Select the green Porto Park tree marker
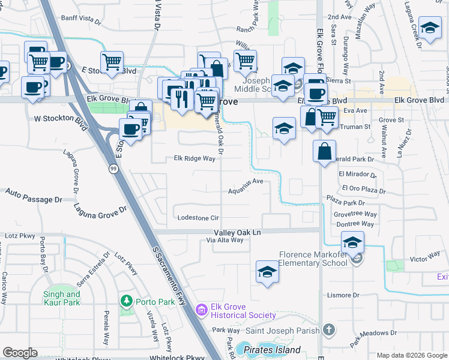point(126,301)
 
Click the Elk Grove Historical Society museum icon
point(202,310)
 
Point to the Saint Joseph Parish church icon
point(328,329)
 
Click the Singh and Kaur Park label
point(62,299)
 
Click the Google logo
point(20,353)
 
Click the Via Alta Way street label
point(225,240)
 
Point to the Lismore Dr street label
point(343,295)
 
